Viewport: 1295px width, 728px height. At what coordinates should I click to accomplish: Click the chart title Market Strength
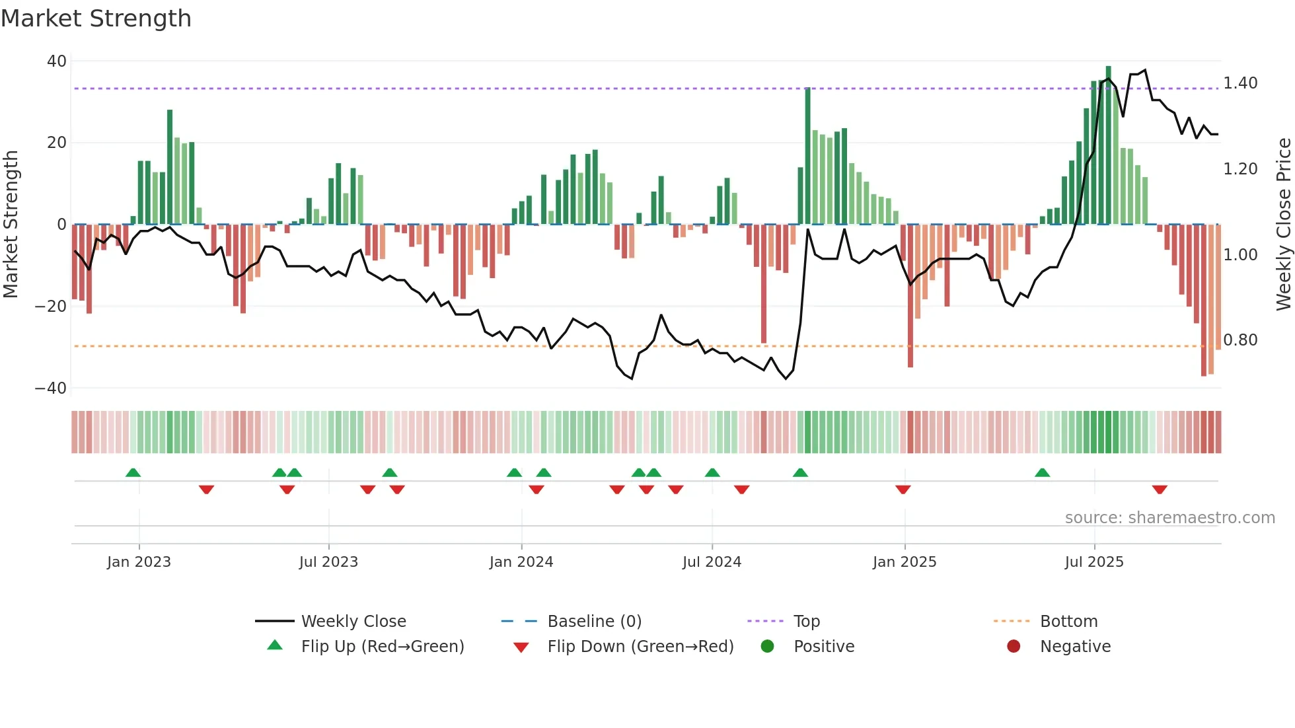click(96, 18)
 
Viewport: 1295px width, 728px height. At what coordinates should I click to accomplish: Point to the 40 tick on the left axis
click(57, 61)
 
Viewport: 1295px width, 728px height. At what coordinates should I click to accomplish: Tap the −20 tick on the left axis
click(51, 307)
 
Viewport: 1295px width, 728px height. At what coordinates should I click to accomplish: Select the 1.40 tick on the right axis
click(1240, 83)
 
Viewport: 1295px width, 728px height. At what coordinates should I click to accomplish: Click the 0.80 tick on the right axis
click(1240, 340)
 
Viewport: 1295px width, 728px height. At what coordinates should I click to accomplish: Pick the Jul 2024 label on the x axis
click(712, 562)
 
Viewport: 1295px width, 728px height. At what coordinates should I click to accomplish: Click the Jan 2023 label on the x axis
click(139, 562)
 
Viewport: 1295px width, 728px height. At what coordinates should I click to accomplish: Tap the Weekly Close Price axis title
click(1283, 225)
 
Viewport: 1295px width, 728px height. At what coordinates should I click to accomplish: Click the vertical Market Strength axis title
click(11, 225)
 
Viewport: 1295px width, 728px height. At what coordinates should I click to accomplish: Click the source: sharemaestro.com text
click(1169, 518)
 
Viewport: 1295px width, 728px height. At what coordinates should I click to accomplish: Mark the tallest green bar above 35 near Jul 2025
click(1108, 145)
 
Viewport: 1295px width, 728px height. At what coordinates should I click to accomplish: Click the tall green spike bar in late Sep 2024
click(807, 156)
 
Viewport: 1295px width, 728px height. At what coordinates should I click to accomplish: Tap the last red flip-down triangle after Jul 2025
click(1160, 490)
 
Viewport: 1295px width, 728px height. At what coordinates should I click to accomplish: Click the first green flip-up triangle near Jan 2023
click(133, 472)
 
